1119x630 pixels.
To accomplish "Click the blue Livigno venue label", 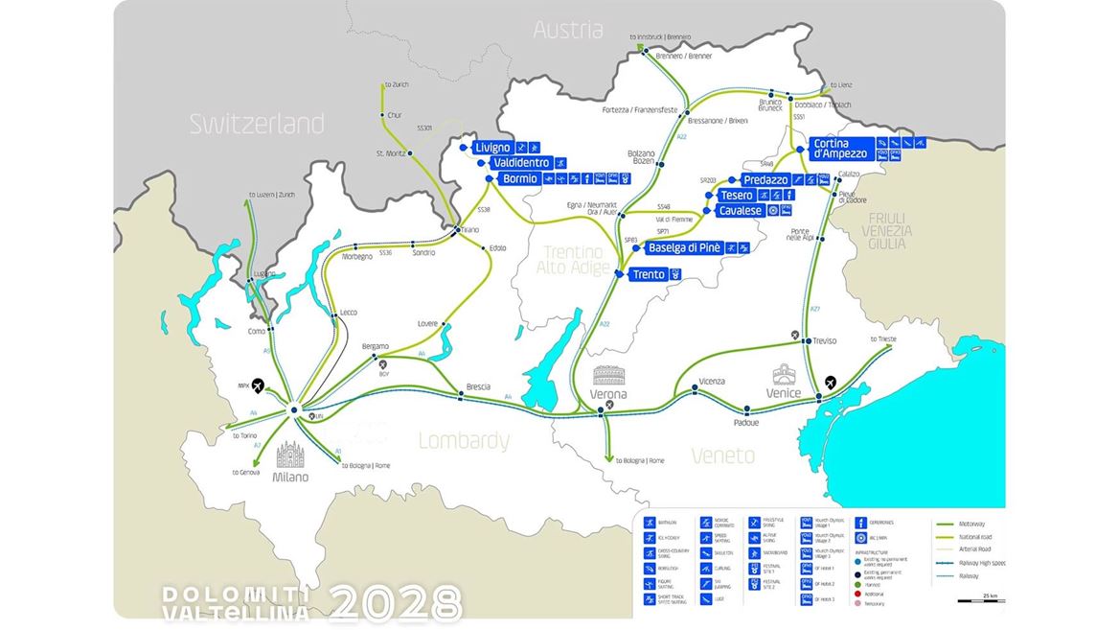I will tap(492, 148).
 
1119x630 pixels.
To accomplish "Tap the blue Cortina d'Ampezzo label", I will tap(839, 148).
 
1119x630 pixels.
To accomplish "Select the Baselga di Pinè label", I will tap(684, 248).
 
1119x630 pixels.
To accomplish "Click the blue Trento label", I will tap(649, 275).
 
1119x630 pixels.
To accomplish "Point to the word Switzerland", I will tap(256, 124).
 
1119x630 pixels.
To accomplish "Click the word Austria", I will tap(568, 30).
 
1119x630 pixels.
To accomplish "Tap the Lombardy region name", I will tap(465, 441).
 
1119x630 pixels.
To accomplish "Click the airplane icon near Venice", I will tap(829, 382).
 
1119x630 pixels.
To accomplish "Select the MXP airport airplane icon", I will tap(258, 385).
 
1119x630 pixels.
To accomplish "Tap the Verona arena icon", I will tap(608, 375).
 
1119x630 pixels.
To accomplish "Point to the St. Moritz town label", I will tap(392, 153).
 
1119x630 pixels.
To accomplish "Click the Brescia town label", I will tap(478, 386).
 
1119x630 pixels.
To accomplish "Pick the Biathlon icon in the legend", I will tap(650, 523).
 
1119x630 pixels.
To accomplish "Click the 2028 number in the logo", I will tap(397, 603).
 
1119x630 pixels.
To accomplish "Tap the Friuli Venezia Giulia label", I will tap(886, 231).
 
